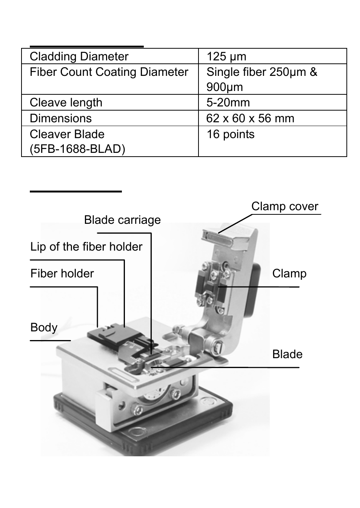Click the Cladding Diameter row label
click(x=79, y=57)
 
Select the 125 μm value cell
click(x=226, y=57)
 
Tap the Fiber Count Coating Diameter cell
click(x=109, y=72)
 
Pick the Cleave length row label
click(x=66, y=103)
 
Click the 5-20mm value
click(x=228, y=103)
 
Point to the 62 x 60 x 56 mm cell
click(x=250, y=119)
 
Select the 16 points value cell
click(x=230, y=134)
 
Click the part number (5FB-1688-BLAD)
click(x=77, y=149)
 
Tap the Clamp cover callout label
click(x=285, y=206)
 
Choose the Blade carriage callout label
click(x=122, y=220)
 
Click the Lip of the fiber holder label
click(x=86, y=247)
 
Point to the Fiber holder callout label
click(x=62, y=274)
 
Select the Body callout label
click(x=44, y=327)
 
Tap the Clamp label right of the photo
click(x=289, y=274)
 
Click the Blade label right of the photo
click(x=287, y=354)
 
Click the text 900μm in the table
click(x=224, y=88)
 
